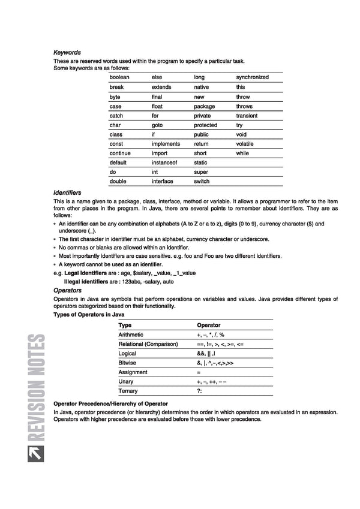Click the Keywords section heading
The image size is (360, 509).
[x=67, y=53]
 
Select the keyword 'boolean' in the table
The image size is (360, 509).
[x=119, y=77]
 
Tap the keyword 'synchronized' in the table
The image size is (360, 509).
[x=252, y=77]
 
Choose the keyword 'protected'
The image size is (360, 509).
[x=205, y=125]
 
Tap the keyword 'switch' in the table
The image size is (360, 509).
[x=202, y=181]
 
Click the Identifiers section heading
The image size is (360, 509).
[x=67, y=192]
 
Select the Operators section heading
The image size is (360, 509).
[x=68, y=290]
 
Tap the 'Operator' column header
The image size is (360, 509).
[x=208, y=325]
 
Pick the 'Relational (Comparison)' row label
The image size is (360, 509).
[x=148, y=344]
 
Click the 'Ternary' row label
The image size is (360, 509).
[x=128, y=391]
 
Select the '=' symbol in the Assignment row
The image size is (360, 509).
[x=199, y=372]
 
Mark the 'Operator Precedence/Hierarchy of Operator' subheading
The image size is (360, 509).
[x=110, y=403]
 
